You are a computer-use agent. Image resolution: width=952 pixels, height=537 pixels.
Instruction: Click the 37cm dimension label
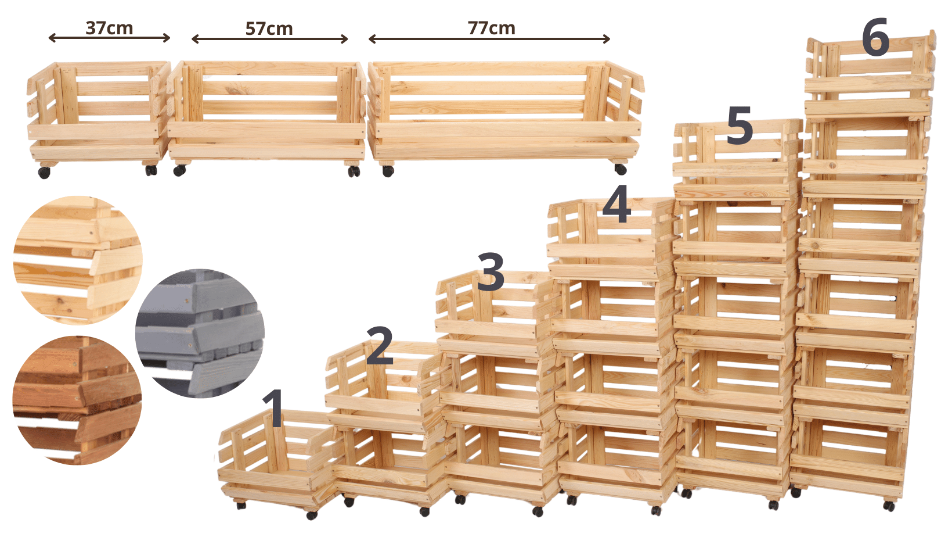109,28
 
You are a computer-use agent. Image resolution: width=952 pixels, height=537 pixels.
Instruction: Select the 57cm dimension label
269,29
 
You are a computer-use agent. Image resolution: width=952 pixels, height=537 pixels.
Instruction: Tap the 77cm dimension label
492,28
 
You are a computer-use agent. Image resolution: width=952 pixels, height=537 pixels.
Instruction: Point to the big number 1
274,408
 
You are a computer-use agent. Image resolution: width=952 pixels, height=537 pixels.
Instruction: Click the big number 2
380,346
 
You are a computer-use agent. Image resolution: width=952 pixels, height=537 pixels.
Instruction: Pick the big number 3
491,272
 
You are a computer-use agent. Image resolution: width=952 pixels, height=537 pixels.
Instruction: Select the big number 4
616,203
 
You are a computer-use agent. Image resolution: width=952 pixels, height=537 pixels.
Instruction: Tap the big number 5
740,125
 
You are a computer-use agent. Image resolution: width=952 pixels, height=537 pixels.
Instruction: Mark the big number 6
875,37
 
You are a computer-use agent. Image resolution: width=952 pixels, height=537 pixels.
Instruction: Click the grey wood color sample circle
200,333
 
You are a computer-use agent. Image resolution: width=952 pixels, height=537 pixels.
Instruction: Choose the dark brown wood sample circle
77,400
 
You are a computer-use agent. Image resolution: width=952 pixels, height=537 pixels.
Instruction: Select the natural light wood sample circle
78,260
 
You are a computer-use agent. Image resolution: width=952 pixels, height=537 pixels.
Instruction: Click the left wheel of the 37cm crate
44,173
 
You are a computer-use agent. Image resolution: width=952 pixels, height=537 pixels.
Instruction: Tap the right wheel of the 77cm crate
621,169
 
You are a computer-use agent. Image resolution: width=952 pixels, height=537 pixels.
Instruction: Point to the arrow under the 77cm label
489,39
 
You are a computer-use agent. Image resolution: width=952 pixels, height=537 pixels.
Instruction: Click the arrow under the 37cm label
109,38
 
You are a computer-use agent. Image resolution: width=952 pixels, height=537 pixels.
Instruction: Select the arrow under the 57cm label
270,39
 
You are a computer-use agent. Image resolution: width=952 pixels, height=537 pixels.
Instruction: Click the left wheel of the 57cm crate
179,171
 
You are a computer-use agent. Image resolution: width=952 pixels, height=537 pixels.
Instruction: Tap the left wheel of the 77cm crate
388,171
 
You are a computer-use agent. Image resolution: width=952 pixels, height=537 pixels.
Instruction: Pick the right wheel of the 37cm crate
151,170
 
